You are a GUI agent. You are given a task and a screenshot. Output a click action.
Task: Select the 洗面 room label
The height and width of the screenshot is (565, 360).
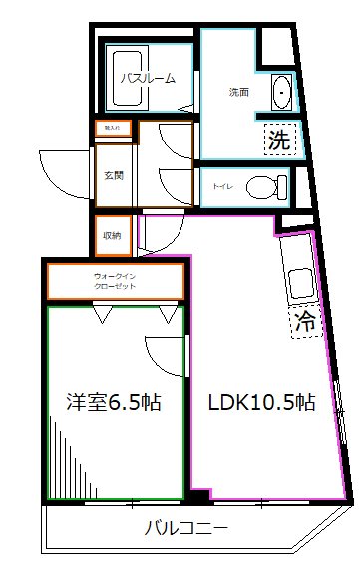[238, 93]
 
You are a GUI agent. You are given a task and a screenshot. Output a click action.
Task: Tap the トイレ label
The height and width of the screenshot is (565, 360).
[224, 185]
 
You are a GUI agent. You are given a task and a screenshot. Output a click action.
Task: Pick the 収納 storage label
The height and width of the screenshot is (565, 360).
[112, 235]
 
